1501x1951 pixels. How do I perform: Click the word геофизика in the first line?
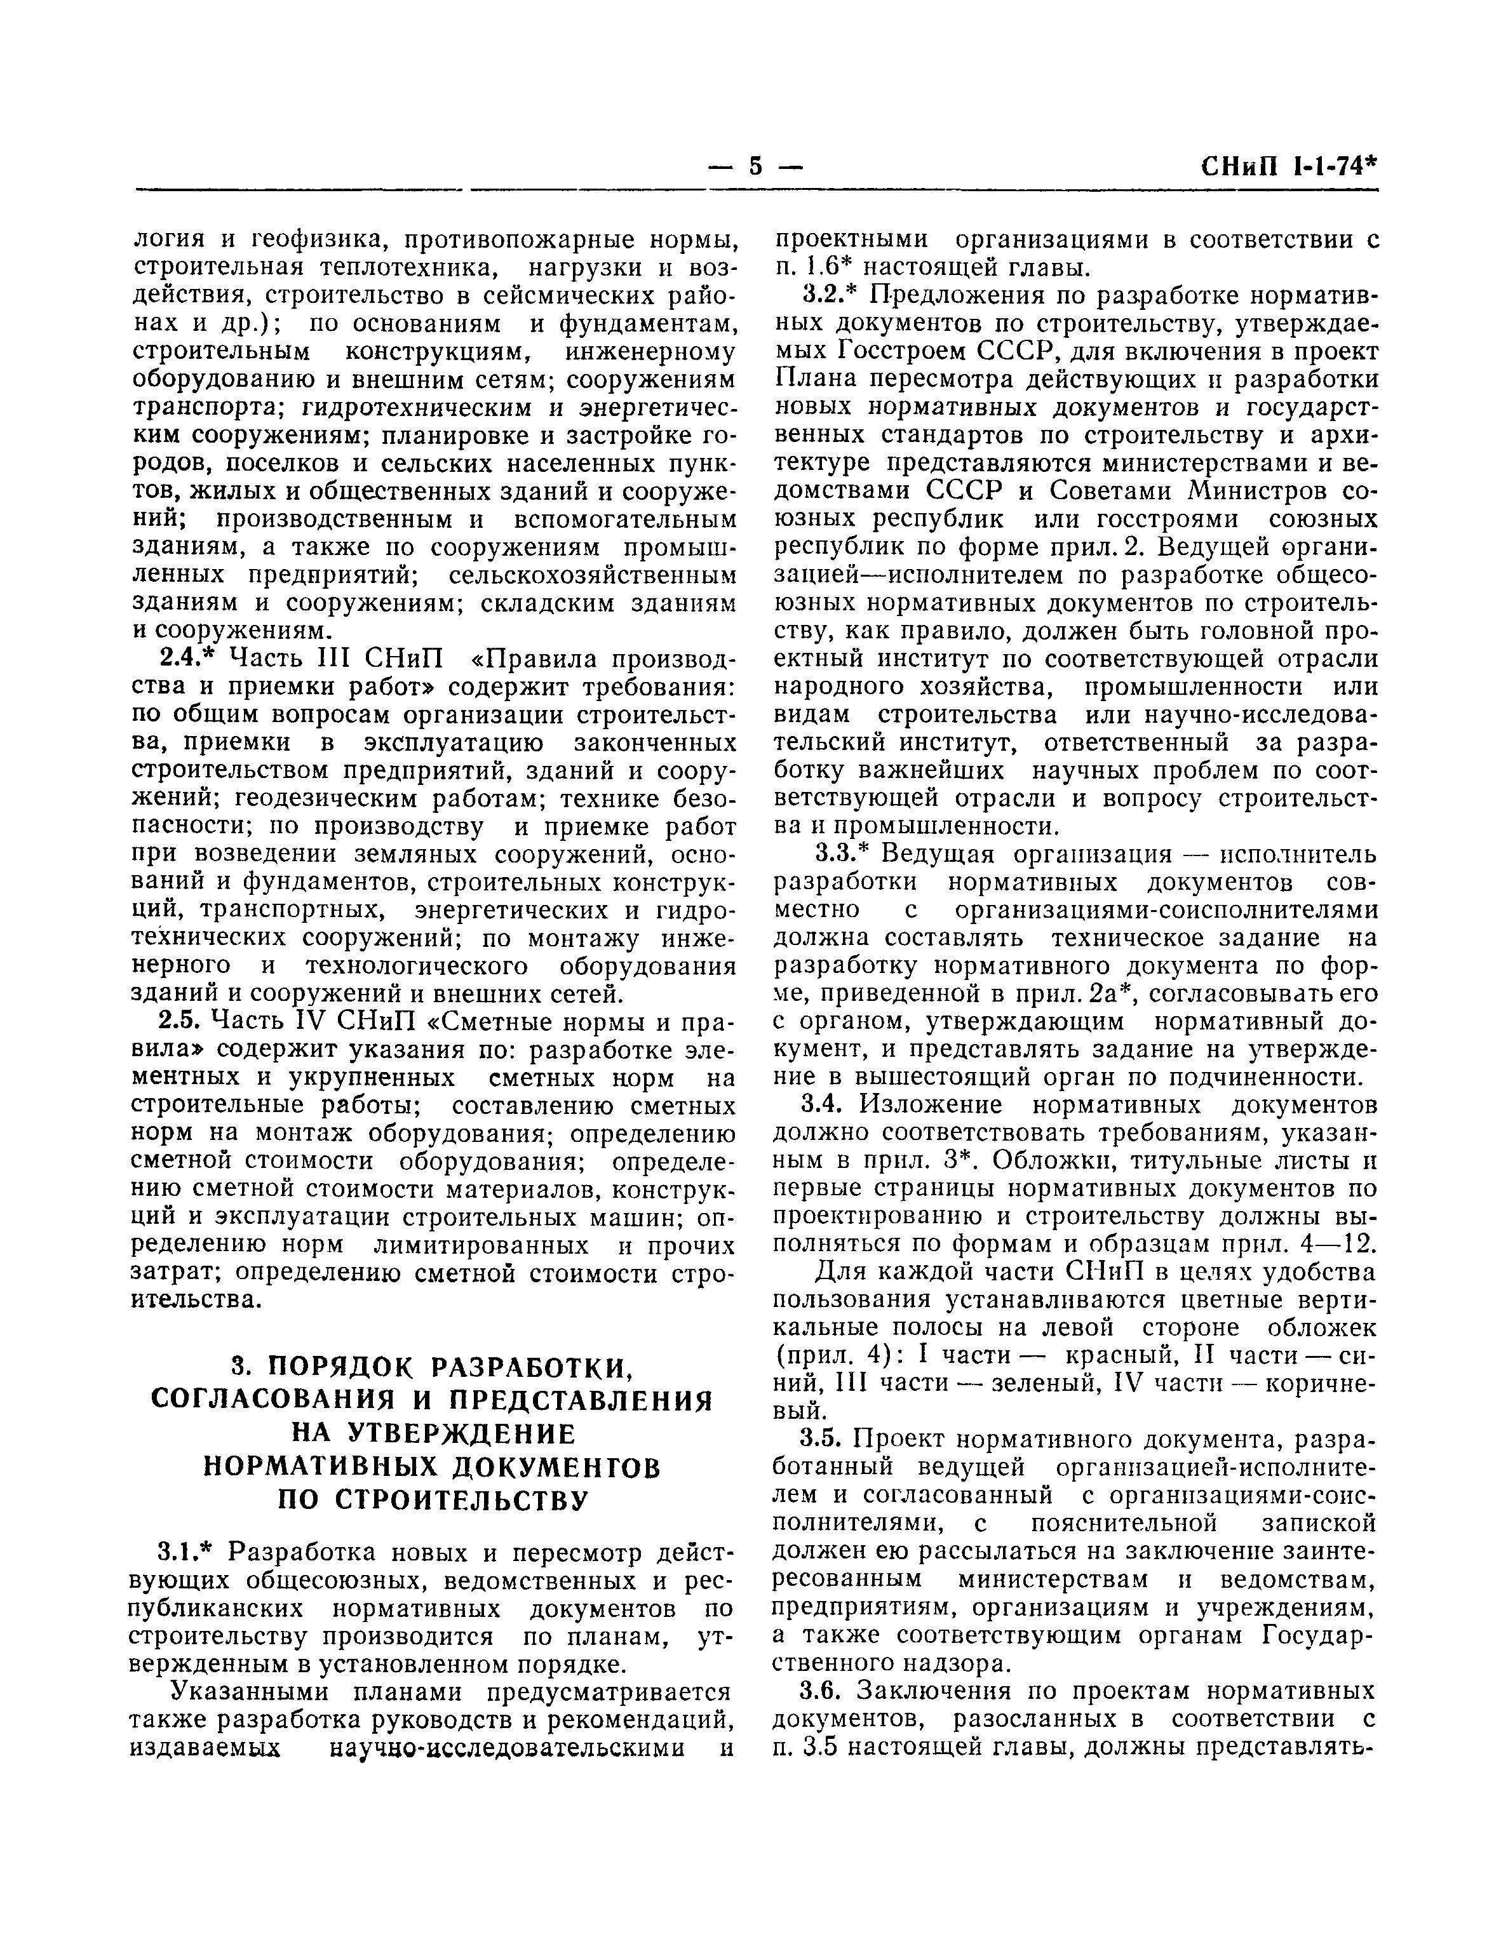click(316, 239)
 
